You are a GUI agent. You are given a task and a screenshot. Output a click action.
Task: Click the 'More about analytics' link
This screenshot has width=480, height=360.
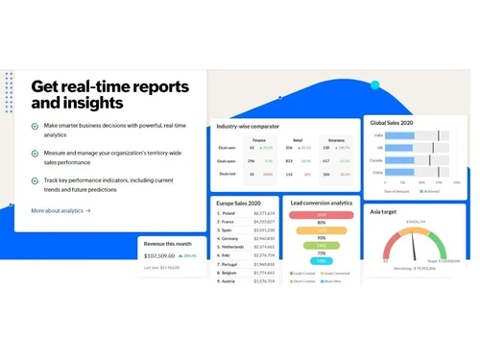[x=60, y=210]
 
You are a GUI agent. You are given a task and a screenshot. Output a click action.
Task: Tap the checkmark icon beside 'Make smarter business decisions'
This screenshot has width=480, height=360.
[x=36, y=126]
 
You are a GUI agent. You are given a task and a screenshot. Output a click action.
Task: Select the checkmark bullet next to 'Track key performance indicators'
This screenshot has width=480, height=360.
[x=36, y=180]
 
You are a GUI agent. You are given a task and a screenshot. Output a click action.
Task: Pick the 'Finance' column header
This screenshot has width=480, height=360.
[x=258, y=139]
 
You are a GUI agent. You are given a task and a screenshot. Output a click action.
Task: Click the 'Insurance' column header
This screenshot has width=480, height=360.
[x=336, y=139]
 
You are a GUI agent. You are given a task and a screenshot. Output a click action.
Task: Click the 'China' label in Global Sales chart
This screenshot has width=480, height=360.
[x=378, y=173]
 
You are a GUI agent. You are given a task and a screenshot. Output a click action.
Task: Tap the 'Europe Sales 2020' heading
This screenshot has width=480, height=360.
[x=240, y=204]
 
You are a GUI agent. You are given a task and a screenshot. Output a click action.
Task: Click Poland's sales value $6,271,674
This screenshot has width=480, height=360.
[x=264, y=213]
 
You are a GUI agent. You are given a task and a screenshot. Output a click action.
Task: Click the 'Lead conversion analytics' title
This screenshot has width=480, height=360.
[x=322, y=204]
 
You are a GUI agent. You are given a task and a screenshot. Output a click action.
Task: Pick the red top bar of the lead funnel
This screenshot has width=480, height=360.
[x=321, y=214]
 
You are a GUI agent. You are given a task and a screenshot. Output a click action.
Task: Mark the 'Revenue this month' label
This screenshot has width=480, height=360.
[x=167, y=245]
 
